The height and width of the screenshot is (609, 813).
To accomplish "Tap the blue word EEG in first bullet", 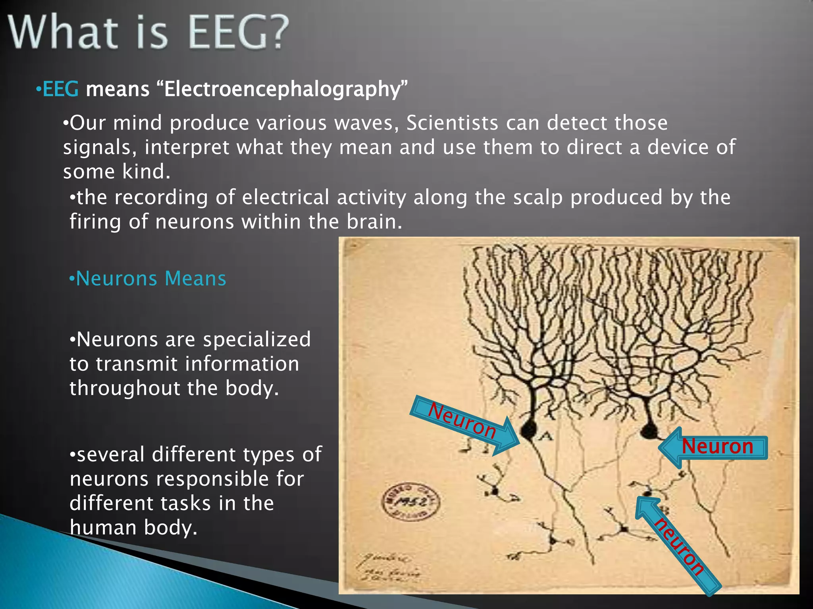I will pos(60,89).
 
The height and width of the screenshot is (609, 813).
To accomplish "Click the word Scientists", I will pos(452,123).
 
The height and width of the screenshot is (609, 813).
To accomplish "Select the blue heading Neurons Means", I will pos(148,278).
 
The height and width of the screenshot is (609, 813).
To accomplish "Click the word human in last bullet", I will pos(103,528).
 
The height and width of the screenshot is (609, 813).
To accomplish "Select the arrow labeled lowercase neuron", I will pos(676,546).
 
